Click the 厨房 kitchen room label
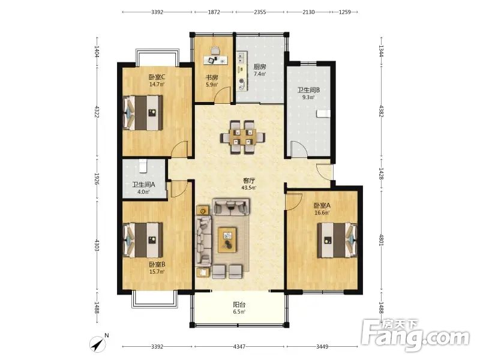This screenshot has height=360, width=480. tap(260, 67)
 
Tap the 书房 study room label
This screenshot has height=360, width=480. tap(212, 77)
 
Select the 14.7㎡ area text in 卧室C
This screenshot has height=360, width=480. tap(157, 85)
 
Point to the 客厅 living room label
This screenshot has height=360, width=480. tap(249, 181)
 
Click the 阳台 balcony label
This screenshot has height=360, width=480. tap(239, 305)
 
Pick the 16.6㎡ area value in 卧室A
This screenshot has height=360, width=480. tap(322, 213)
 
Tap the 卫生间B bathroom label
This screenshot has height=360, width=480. tap(308, 90)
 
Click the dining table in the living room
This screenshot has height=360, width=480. tap(243, 137)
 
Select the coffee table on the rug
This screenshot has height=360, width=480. tap(227, 240)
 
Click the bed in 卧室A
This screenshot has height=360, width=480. tap(337, 241)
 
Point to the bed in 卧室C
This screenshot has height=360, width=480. tap(143, 113)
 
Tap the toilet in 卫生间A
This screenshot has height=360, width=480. tap(143, 166)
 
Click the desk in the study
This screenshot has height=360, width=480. tap(216, 59)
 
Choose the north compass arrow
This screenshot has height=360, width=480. tap(98, 344)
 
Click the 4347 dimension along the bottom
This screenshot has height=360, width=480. tap(239, 347)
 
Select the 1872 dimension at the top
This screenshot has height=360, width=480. tap(214, 12)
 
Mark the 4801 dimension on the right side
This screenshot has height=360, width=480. tap(382, 240)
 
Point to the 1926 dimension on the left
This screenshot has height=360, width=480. tap(97, 179)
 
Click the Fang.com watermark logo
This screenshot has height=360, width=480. tap(415, 335)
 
